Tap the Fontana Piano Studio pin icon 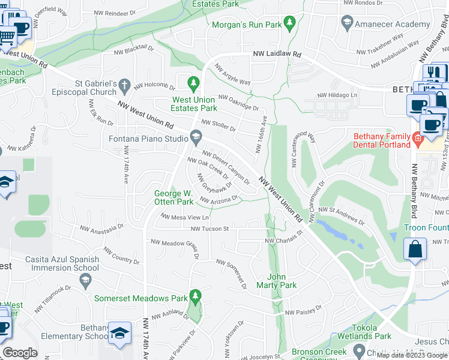tap(196, 138)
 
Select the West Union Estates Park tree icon tap(193, 82)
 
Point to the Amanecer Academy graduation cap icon tap(347, 23)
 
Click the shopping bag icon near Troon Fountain tap(415, 248)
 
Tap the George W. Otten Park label tap(173, 198)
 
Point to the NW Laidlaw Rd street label tap(276, 54)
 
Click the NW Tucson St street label tap(210, 229)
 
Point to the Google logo tap(20, 353)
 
